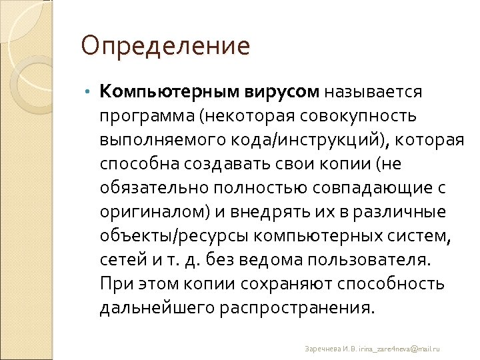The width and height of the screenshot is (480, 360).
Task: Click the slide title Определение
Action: coord(165,47)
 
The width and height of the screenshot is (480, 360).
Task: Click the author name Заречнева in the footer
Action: coord(322,349)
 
